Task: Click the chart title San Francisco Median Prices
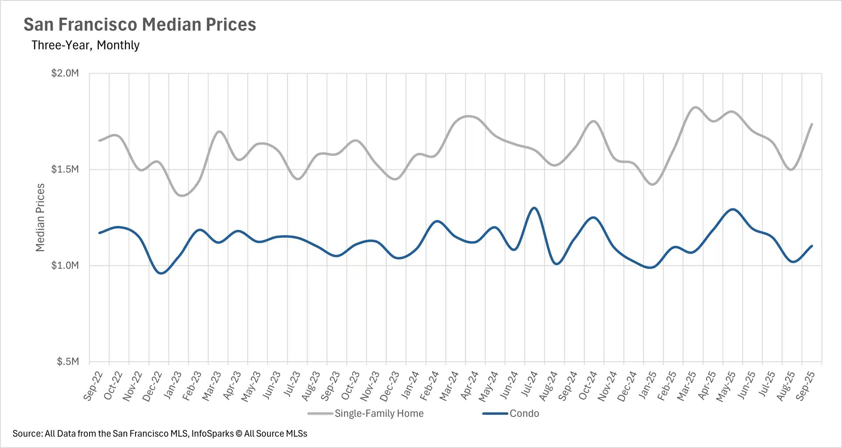coord(139,25)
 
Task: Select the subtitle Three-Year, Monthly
coord(86,45)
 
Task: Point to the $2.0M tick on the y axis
coord(65,73)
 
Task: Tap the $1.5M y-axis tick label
coord(65,169)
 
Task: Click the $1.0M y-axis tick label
coord(65,265)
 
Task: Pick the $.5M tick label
coord(68,362)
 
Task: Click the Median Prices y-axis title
coord(40,217)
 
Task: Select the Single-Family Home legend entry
coord(379,413)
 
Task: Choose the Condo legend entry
coord(524,413)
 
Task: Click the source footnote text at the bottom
coord(160,434)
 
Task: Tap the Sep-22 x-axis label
coord(93,385)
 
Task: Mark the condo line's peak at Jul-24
coord(534,208)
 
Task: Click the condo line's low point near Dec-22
coord(161,273)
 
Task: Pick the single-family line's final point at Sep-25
coord(812,124)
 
